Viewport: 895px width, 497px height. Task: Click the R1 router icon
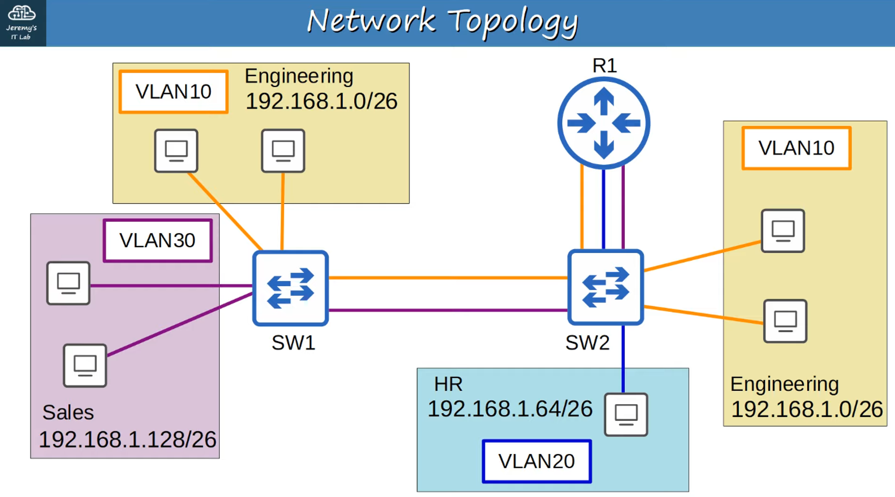coord(604,123)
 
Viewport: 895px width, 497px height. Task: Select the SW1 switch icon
coord(290,288)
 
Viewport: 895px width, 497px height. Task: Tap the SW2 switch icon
coord(605,287)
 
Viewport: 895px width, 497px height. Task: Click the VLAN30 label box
coord(158,240)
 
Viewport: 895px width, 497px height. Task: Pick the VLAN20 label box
coord(537,461)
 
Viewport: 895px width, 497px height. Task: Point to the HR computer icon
coord(626,414)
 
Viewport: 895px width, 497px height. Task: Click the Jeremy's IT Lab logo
coord(22,22)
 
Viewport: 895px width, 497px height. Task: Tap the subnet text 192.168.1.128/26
coord(128,439)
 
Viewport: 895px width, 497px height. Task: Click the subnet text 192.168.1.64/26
coord(510,409)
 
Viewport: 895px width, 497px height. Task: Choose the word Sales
coord(68,412)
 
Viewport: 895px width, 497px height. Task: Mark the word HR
coord(448,384)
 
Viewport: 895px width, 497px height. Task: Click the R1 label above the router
coord(605,66)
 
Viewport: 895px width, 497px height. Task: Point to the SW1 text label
coord(293,343)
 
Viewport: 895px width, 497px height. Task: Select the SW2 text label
coord(587,343)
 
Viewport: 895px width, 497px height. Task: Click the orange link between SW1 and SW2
coord(447,278)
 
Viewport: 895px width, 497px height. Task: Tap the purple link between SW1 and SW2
coord(447,310)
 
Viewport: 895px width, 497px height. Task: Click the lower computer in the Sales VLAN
coord(85,365)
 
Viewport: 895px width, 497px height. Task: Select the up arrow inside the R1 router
coord(604,101)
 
